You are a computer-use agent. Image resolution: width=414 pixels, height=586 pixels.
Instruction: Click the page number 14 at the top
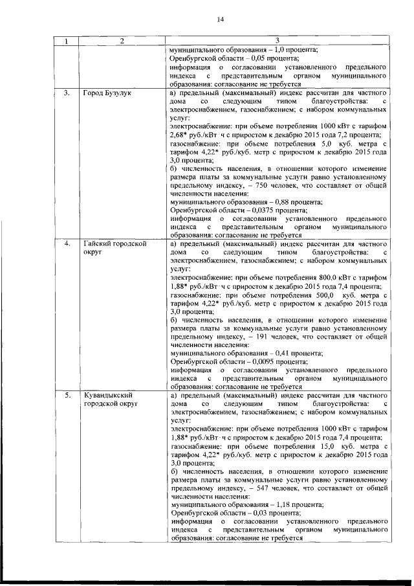[219, 19]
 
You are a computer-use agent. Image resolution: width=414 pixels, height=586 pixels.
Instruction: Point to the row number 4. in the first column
[67, 244]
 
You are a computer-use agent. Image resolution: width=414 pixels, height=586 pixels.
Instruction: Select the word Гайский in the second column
[97, 244]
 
